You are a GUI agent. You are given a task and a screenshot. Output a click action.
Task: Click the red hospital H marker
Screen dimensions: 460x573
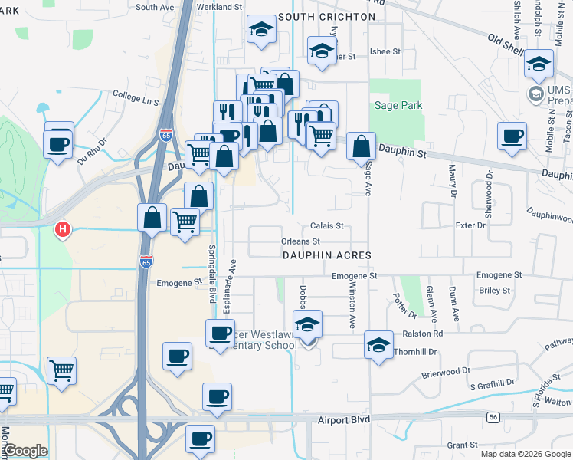[64, 228]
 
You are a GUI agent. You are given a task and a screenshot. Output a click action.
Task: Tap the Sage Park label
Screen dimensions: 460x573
[398, 105]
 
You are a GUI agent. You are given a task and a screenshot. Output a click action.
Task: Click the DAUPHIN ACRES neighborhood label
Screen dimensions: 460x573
[326, 255]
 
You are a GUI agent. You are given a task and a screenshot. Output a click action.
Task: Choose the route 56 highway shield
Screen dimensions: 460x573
[493, 416]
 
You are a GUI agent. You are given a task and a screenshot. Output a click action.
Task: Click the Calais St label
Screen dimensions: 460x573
[328, 226]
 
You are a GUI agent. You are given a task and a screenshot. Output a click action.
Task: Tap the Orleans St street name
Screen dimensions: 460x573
[300, 242]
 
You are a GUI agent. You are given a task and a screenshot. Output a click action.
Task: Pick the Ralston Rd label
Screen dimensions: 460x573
[426, 333]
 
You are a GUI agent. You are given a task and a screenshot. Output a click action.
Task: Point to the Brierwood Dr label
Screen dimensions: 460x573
[445, 371]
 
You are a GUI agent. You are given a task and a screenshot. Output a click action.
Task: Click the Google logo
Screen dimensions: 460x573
[25, 451]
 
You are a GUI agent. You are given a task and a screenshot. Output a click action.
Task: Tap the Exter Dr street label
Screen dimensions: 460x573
[470, 225]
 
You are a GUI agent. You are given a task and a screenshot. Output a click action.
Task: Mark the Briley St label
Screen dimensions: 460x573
[494, 291]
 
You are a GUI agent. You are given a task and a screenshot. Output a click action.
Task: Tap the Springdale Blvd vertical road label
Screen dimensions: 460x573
[211, 273]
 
